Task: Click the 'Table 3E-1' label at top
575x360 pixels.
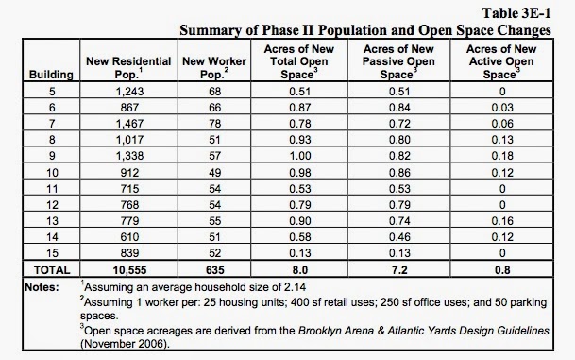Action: [516, 13]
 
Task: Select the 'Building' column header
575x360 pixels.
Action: [51, 75]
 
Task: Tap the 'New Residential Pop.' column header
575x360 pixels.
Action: [128, 67]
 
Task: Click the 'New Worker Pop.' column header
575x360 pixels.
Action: [214, 67]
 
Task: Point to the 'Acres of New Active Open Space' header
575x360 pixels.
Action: [501, 61]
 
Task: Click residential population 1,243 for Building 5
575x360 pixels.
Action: [129, 92]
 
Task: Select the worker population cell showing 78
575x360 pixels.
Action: [215, 124]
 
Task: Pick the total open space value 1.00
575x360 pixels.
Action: [300, 156]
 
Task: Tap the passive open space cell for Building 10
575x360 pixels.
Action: [399, 173]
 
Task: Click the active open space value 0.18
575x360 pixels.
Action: [502, 156]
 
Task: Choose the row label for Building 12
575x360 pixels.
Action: [52, 205]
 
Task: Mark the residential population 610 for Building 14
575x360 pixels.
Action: [129, 237]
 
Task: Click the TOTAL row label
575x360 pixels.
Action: [52, 270]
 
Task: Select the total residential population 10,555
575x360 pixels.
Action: [129, 270]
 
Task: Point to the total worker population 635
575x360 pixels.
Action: [215, 270]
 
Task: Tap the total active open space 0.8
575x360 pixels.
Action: [502, 270]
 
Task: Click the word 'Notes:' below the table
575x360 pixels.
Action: [42, 287]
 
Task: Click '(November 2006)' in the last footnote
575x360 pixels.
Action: [125, 344]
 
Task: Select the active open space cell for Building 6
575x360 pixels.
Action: [502, 108]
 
